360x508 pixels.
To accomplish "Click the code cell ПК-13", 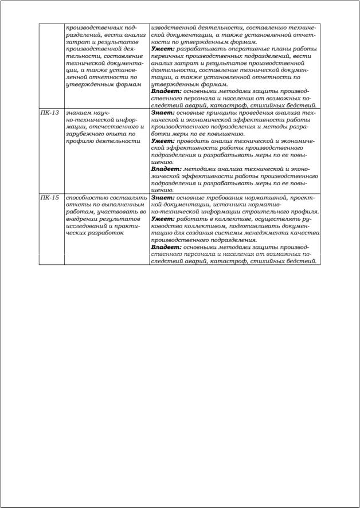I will coord(50,112).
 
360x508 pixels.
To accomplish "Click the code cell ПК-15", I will coord(50,197).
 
